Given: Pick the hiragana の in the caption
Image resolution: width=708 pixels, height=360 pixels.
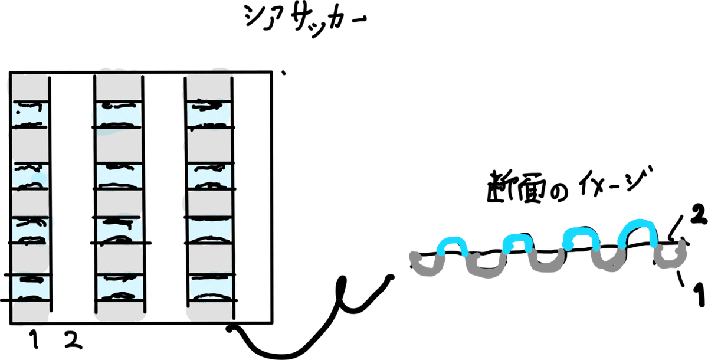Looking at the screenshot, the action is pos(559,192).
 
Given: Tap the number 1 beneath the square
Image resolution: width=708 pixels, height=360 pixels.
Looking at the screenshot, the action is pos(34,339).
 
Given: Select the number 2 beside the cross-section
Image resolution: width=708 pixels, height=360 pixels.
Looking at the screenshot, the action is pos(699,215).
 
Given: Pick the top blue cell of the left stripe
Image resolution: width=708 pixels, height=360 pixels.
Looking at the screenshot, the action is pos(31,114).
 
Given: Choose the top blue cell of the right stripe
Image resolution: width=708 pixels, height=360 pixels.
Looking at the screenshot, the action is pos(209,114).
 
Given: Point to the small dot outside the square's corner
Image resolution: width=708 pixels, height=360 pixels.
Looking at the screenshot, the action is pos(284,73).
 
